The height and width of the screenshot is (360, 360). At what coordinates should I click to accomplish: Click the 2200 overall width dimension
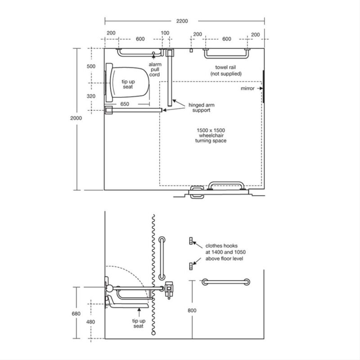point(182,21)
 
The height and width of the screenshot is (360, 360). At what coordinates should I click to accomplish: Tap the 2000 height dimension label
point(76,118)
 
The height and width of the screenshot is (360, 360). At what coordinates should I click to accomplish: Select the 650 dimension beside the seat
point(125,104)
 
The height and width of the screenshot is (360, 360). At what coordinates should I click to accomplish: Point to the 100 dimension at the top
point(165,33)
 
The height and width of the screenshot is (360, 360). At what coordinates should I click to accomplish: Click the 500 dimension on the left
point(91,66)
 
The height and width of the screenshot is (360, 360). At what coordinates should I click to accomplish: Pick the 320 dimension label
point(91,96)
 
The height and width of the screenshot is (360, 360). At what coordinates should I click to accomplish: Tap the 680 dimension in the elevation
point(76,314)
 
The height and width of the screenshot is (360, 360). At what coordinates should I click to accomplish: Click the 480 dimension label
point(91,322)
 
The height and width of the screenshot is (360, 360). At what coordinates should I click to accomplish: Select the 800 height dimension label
point(192,310)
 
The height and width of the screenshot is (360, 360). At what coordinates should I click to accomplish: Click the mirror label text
point(247,88)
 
